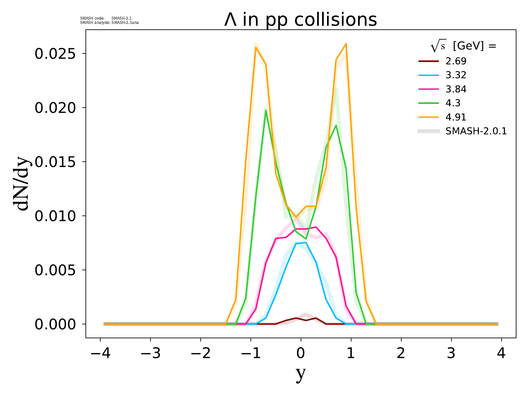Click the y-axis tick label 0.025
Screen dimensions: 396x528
click(x=56, y=54)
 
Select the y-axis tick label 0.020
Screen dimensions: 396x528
click(x=56, y=108)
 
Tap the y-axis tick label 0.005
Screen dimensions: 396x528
click(x=56, y=270)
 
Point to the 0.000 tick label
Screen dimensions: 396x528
click(x=56, y=324)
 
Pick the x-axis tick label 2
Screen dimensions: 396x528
click(x=401, y=354)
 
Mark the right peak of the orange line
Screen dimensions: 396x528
click(x=346, y=44)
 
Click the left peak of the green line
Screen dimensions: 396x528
click(x=266, y=110)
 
